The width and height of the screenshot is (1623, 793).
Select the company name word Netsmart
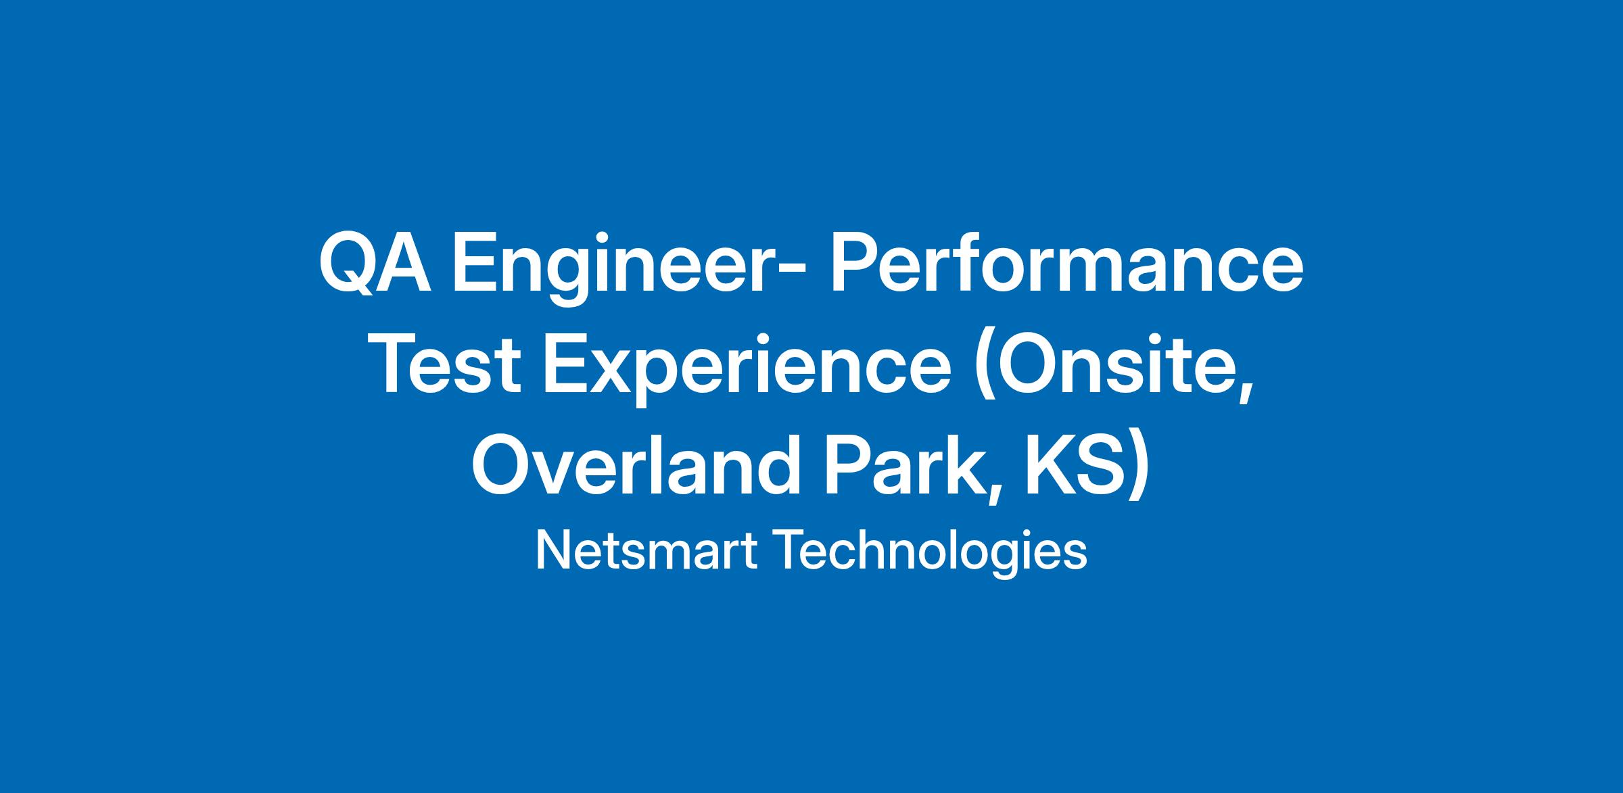pos(646,551)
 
